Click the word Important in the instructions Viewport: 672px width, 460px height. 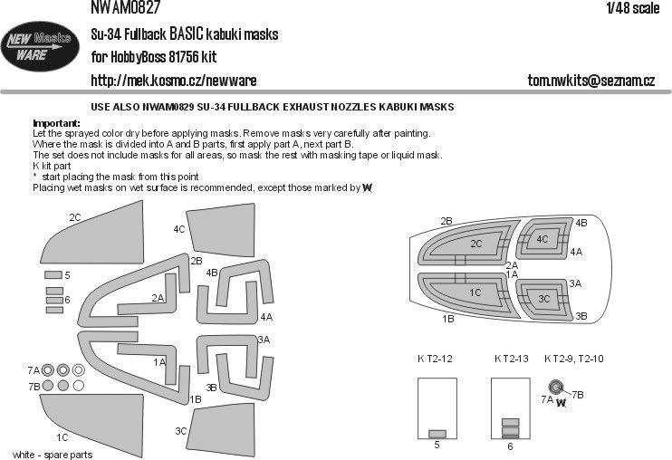click(x=56, y=122)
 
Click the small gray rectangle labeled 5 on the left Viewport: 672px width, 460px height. click(x=52, y=274)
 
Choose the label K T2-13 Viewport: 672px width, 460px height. click(x=511, y=359)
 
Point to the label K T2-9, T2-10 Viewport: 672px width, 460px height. click(x=574, y=359)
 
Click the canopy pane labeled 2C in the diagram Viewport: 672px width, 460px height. click(x=476, y=244)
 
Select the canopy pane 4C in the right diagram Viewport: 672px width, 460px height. click(x=542, y=240)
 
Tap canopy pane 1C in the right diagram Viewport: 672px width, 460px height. click(x=475, y=292)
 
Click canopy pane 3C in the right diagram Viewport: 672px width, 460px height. click(x=543, y=298)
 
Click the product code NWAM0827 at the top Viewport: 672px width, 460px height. click(x=127, y=7)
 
